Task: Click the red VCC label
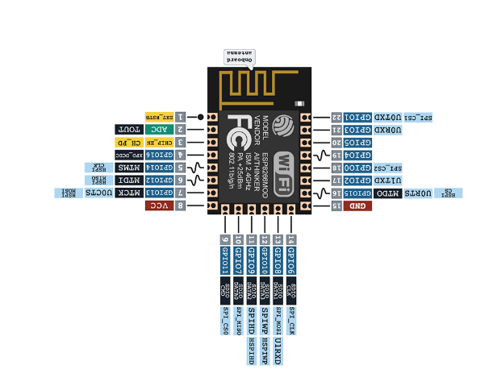[159, 206]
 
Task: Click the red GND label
[357, 206]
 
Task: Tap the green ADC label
[160, 129]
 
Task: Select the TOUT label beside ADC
[130, 129]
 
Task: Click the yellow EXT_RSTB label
[160, 117]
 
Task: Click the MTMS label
[129, 168]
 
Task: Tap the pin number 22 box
[336, 117]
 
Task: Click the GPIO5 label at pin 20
[357, 142]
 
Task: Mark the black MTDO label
[391, 193]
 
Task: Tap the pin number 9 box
[225, 239]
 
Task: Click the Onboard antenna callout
[239, 56]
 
